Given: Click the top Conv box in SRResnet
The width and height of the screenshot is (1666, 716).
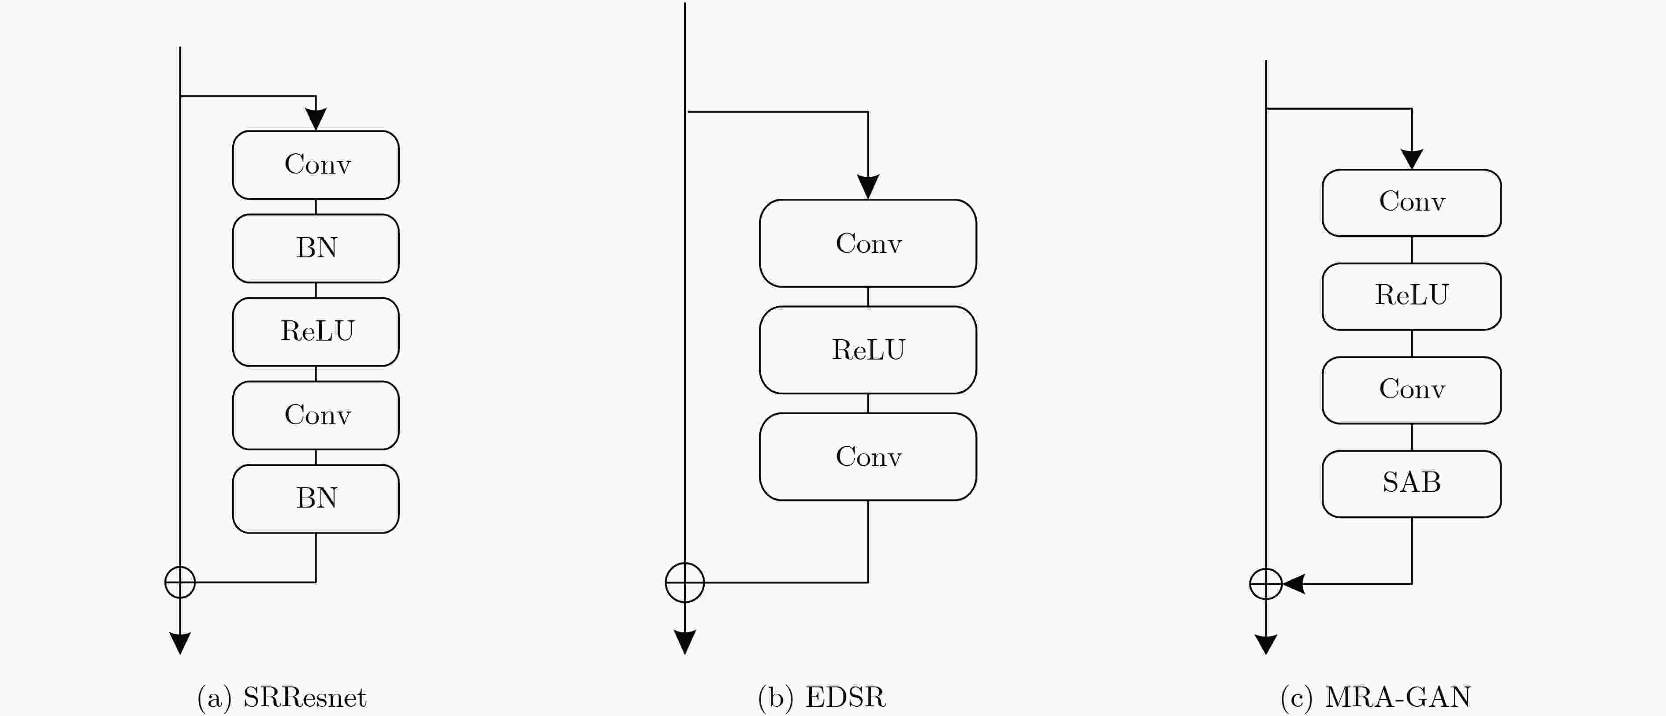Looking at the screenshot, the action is pyautogui.click(x=316, y=165).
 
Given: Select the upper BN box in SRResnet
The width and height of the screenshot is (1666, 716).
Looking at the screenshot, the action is pyautogui.click(x=316, y=249).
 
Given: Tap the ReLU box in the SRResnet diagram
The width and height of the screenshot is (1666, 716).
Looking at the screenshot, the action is pyautogui.click(x=316, y=332).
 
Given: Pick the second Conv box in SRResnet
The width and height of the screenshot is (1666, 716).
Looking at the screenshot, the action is pyautogui.click(x=316, y=415).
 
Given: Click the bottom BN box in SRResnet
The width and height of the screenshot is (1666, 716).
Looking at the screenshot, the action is pyautogui.click(x=316, y=499).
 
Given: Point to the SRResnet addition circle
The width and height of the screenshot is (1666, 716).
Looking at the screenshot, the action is pyautogui.click(x=180, y=582).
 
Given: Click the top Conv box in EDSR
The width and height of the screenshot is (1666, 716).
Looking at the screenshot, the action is pyautogui.click(x=868, y=243).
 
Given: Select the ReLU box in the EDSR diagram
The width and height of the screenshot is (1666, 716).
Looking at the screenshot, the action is pyautogui.click(x=868, y=350).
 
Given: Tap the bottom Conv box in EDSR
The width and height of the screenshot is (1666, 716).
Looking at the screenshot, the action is pyautogui.click(x=868, y=456).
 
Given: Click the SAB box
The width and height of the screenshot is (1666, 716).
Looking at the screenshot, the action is pyautogui.click(x=1412, y=484).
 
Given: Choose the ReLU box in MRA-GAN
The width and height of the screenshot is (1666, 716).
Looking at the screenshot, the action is pyautogui.click(x=1412, y=296).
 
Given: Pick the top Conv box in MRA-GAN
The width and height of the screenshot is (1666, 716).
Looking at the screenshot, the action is pyautogui.click(x=1412, y=202).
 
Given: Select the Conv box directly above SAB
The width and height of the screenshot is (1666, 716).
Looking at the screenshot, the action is pyautogui.click(x=1412, y=390).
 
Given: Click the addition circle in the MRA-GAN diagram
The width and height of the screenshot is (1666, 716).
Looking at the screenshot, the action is pyautogui.click(x=1266, y=584).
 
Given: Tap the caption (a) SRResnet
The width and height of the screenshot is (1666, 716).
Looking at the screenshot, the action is pyautogui.click(x=282, y=697).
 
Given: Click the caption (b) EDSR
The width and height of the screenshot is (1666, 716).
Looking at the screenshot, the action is pyautogui.click(x=822, y=697).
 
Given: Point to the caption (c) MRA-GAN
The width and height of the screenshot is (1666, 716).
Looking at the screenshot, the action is pyautogui.click(x=1376, y=697).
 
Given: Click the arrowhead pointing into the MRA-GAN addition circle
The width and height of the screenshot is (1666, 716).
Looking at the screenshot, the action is pyautogui.click(x=1294, y=584).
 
